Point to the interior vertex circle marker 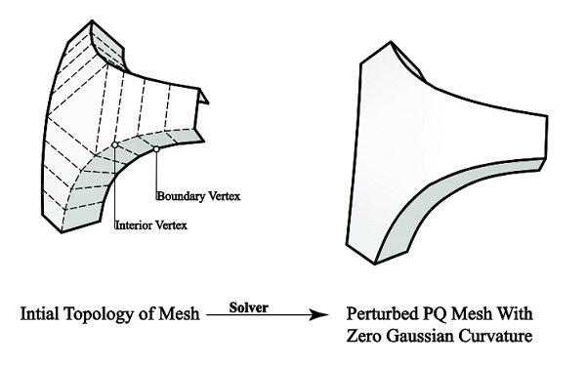coord(115,144)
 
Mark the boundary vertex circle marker coord(156,148)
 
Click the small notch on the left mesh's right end coord(201,97)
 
